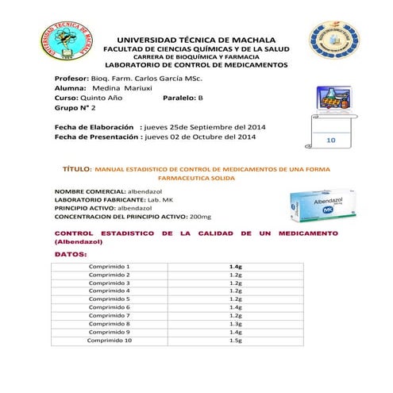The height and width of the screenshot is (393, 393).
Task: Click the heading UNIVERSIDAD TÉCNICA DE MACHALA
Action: (195, 40)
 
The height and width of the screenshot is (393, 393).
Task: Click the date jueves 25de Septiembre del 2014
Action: (205, 127)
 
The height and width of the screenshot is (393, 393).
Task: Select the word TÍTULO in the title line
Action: (76, 170)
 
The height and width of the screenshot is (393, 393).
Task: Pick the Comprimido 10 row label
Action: (110, 340)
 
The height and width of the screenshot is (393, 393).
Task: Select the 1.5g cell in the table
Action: (235, 340)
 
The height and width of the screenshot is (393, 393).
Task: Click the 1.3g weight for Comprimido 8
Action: (235, 323)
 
